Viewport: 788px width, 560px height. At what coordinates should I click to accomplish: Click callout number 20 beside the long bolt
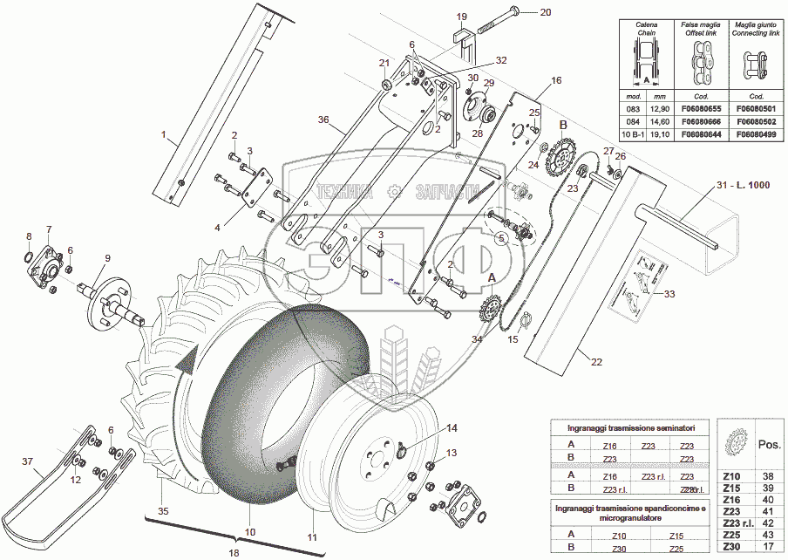click(x=547, y=12)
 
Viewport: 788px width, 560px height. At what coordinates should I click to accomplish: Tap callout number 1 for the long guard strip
click(x=162, y=135)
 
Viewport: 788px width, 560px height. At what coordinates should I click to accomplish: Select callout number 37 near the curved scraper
click(x=27, y=461)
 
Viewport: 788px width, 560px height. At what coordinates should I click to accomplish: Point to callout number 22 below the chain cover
click(x=595, y=362)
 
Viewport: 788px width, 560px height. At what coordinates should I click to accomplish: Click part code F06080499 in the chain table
click(x=756, y=136)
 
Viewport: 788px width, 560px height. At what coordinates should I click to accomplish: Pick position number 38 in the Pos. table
click(x=768, y=476)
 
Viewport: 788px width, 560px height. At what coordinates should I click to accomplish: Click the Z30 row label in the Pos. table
click(x=731, y=547)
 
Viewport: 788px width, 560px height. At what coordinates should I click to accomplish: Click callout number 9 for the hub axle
click(x=107, y=258)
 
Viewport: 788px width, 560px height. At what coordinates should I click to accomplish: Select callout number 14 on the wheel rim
click(x=452, y=428)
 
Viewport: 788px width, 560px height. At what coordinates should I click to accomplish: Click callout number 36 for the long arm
click(x=323, y=120)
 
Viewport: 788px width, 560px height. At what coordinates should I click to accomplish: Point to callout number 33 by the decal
click(x=669, y=294)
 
